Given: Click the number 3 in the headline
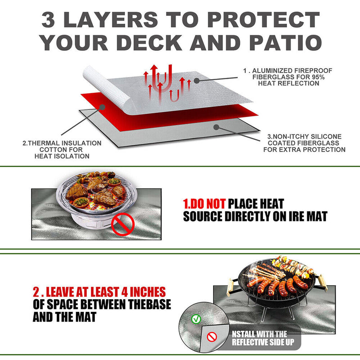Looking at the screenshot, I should [50, 20].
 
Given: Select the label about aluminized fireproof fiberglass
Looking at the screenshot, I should [280, 77].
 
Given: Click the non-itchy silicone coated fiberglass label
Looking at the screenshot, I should [304, 143].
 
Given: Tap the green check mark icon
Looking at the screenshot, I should [195, 319].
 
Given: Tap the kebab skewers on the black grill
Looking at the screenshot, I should [292, 265].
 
